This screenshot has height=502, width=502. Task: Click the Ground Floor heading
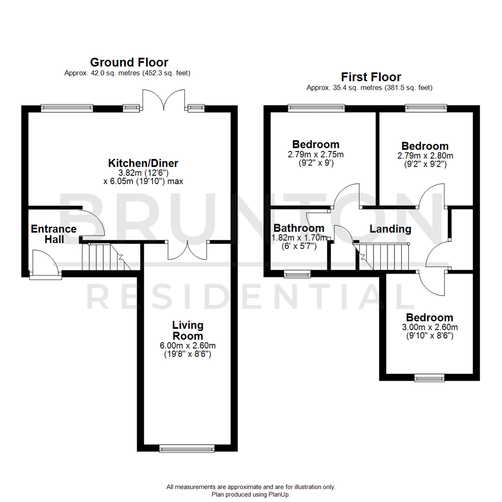pos(129,62)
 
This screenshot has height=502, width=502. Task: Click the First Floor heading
pos(371,77)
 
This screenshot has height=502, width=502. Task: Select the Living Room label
pos(188,330)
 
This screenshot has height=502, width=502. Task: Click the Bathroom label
pos(298,228)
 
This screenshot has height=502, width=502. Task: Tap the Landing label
pos(390,229)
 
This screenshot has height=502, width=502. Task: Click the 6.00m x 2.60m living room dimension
pos(188,345)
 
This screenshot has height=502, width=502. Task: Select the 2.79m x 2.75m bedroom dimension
pos(316,155)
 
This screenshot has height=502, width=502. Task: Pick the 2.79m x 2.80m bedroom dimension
pos(425,155)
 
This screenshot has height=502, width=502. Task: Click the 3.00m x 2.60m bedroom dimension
pos(429,327)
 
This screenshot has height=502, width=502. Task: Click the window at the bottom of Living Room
pos(187,448)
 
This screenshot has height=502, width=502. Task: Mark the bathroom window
pos(297,274)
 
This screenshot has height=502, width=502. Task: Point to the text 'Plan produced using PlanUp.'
pos(251,495)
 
